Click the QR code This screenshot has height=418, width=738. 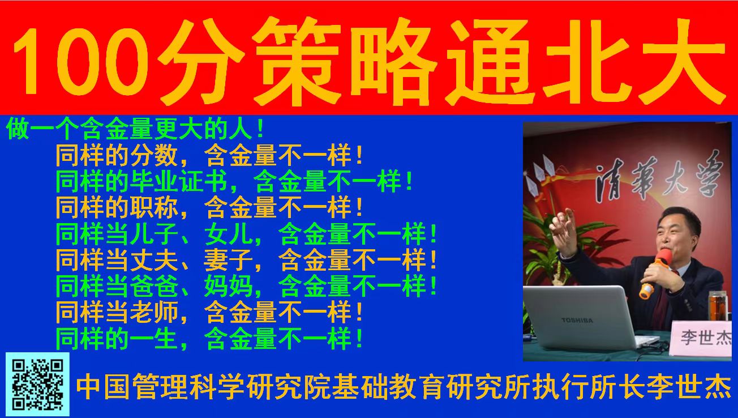coord(37,384)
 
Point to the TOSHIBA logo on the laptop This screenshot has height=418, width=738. coord(577,320)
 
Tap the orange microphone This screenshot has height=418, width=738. coord(654,274)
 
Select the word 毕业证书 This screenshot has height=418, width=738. coord(179,182)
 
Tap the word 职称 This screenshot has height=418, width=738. coord(154,208)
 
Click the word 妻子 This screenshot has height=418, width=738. coord(228,260)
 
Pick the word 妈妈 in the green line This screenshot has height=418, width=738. coord(228,286)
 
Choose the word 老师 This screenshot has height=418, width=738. coord(154,312)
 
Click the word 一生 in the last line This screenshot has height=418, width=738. coord(154,339)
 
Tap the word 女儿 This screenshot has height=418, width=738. coord(228,234)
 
